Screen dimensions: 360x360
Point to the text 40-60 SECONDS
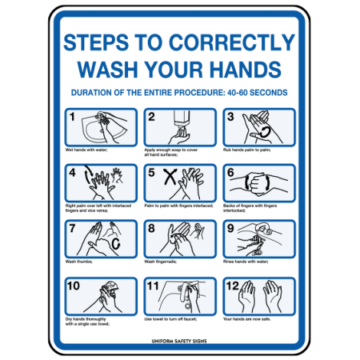249,93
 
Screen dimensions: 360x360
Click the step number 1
72,117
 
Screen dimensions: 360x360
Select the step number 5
151,173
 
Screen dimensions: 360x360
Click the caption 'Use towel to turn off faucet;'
172,318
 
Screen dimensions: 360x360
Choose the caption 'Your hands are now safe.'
248,318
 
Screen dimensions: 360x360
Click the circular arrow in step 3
263,130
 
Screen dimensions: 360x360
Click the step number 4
72,173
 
